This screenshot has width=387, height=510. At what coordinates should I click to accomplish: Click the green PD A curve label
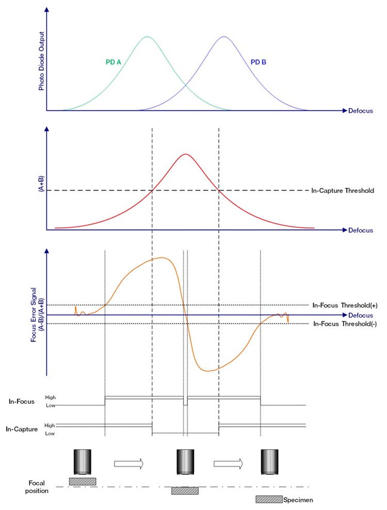(113, 62)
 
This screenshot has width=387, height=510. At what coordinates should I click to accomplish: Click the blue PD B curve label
(259, 62)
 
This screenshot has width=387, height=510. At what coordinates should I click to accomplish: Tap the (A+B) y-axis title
(41, 184)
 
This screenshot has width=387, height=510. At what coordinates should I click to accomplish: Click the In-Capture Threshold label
(342, 191)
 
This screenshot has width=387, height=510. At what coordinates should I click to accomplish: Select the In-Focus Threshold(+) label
(343, 305)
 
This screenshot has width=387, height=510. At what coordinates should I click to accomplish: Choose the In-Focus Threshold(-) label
(343, 324)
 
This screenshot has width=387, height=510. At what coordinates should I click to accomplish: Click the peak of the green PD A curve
(148, 37)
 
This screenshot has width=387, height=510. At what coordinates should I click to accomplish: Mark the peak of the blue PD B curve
(223, 37)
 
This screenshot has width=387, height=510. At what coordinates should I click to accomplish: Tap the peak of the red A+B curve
(186, 154)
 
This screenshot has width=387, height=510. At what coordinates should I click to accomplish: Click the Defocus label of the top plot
(361, 111)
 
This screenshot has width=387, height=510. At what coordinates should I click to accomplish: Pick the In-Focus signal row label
(22, 401)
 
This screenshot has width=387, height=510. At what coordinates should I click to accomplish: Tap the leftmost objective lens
(83, 462)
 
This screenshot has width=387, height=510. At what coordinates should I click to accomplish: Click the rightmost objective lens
(270, 462)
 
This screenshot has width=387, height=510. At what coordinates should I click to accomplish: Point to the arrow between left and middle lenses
(128, 464)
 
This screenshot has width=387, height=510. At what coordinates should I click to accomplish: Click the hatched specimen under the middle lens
(185, 491)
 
